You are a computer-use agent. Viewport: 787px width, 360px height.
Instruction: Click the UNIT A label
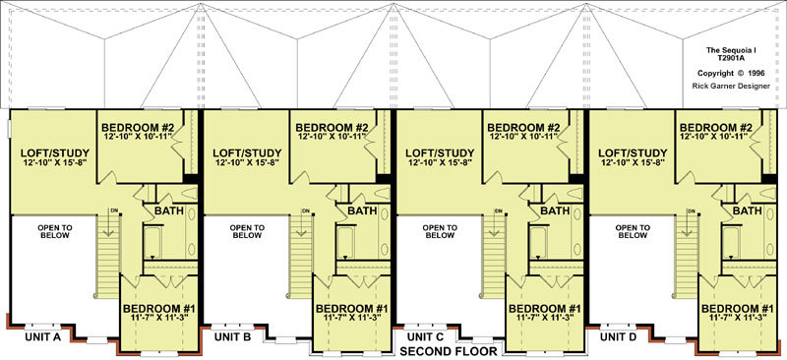42,337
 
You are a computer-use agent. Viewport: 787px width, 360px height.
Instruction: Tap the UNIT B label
233,337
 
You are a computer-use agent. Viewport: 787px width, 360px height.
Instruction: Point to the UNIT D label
619,337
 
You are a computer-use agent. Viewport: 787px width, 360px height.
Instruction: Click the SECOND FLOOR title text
449,351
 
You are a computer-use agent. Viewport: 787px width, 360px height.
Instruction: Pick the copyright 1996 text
731,73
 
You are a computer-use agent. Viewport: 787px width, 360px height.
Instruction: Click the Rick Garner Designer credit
731,86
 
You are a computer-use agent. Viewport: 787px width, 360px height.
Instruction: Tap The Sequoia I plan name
731,50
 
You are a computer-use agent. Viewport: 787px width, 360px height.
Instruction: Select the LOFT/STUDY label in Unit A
55,152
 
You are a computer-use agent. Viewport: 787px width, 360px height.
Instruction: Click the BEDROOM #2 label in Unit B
332,128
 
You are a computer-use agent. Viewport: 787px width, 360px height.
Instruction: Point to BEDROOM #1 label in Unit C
545,308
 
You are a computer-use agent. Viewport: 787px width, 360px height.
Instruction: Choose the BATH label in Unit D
747,210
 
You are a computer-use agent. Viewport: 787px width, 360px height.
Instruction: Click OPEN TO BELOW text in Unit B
247,231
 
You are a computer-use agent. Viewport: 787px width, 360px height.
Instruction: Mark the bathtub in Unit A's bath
152,243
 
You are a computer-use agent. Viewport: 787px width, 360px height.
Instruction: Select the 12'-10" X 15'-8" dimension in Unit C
440,162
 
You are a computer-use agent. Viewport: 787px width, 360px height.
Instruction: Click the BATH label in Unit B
362,210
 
